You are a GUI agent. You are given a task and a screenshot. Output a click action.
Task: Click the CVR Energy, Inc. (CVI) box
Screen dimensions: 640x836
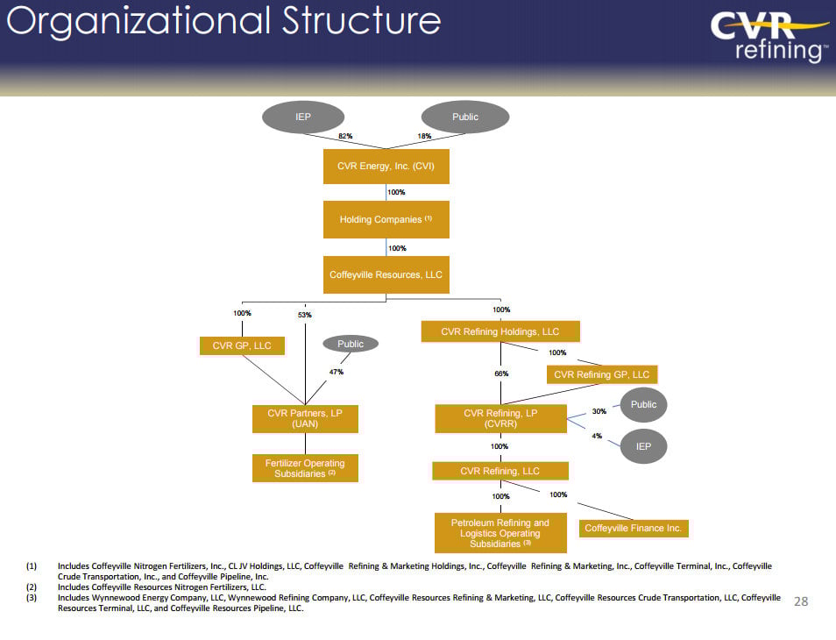tap(386, 166)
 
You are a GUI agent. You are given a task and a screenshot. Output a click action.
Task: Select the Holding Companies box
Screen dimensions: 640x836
tap(386, 220)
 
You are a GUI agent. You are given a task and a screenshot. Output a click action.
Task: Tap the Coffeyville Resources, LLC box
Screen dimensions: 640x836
tap(386, 274)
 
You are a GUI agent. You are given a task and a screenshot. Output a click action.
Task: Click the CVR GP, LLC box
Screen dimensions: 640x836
tap(242, 346)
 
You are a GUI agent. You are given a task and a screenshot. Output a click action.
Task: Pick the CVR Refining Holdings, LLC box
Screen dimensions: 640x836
tap(499, 331)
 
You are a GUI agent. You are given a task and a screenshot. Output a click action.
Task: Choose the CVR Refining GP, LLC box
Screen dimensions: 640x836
tap(602, 374)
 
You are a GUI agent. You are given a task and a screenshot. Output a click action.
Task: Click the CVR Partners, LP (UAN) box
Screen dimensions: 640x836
tap(305, 418)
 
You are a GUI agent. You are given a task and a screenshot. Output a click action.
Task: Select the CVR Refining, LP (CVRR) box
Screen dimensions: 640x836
tap(500, 418)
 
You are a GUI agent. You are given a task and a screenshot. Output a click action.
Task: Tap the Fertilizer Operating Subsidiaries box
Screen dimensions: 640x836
tap(305, 468)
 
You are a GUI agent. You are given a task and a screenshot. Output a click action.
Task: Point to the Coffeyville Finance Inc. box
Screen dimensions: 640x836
tap(633, 529)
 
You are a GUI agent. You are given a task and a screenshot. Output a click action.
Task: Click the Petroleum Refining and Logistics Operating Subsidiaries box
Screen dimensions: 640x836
tap(499, 533)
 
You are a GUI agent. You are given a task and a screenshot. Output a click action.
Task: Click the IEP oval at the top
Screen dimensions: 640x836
tap(303, 117)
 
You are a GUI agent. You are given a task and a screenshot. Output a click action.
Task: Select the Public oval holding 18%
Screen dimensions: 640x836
tap(465, 117)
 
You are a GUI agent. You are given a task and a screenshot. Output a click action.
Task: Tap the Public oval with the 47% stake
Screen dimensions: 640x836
tap(351, 345)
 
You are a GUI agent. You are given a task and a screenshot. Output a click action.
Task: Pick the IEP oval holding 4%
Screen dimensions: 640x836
tap(643, 446)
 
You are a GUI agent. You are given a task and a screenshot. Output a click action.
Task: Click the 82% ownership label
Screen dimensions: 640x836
tap(345, 136)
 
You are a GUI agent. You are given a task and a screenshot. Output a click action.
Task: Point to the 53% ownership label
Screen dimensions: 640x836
tap(304, 315)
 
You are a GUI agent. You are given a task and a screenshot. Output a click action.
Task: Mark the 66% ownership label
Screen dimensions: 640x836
tap(500, 373)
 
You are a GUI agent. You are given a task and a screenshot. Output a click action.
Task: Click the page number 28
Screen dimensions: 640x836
tap(800, 601)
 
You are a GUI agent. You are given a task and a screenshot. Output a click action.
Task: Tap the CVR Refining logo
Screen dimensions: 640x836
tap(769, 37)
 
